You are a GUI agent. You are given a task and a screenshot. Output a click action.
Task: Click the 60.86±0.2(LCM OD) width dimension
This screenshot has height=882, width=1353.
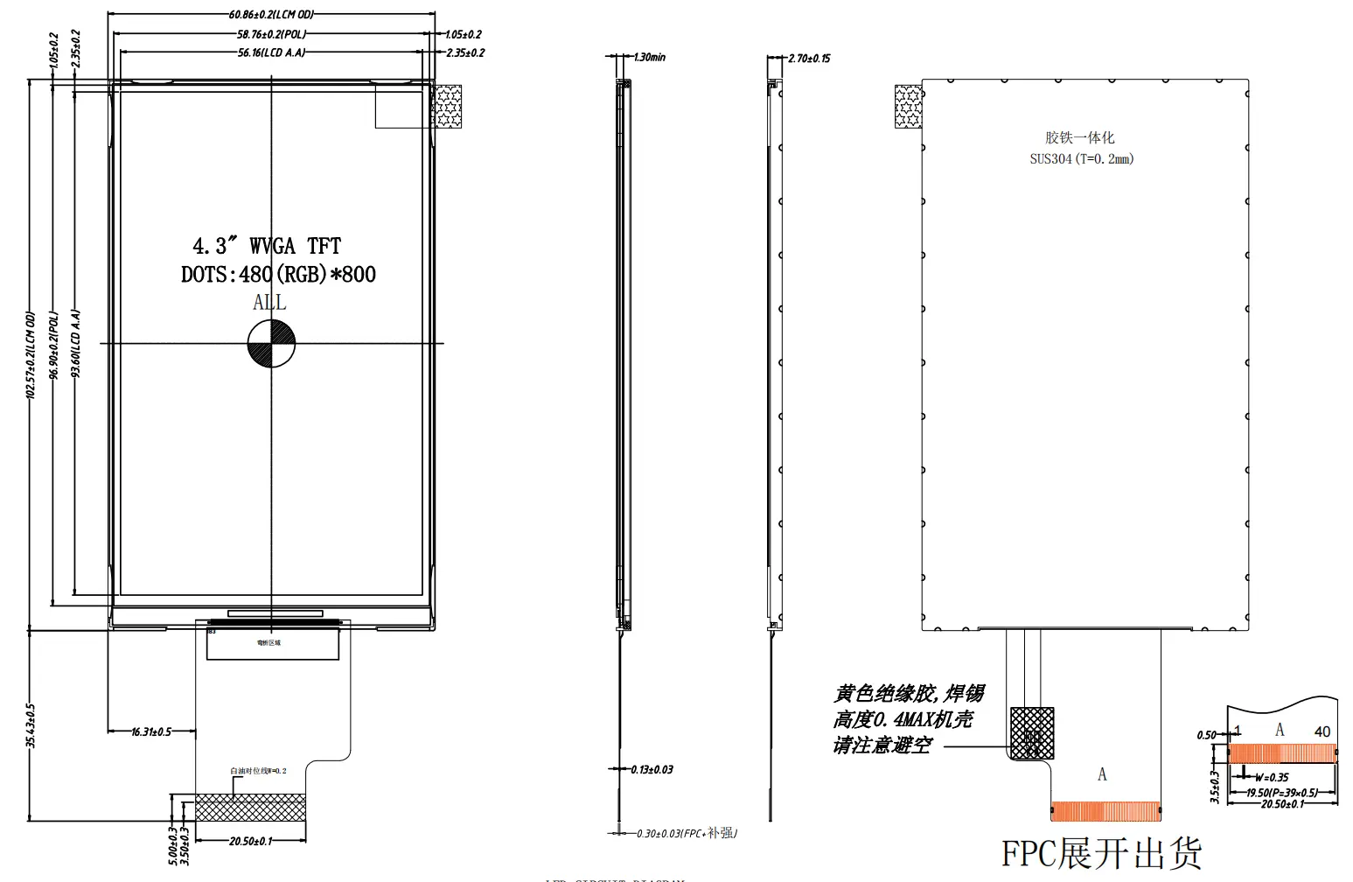(x=270, y=15)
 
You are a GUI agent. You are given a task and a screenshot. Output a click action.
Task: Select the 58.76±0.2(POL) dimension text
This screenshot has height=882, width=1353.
(x=271, y=34)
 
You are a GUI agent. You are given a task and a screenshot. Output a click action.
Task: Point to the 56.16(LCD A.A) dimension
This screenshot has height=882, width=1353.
(x=271, y=52)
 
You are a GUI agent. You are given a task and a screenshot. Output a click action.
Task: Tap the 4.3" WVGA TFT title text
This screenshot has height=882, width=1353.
(x=267, y=246)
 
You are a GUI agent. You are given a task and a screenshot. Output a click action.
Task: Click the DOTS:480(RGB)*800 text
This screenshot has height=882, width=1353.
(x=278, y=275)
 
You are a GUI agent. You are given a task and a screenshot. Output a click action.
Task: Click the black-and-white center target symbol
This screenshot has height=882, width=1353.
(x=271, y=343)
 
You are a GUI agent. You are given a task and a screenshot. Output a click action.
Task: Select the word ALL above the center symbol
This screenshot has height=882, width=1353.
(x=269, y=303)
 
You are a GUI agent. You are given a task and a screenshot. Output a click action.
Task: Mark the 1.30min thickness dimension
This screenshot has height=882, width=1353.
(x=648, y=58)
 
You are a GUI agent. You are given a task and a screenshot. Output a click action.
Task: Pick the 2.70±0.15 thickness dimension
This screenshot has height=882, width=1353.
(x=809, y=59)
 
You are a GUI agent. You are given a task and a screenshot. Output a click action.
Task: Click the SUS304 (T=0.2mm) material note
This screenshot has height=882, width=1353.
(x=1081, y=159)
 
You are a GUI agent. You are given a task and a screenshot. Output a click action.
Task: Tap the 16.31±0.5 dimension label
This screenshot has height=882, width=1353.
(x=151, y=731)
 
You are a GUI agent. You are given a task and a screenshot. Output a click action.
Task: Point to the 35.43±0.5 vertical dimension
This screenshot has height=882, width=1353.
(x=31, y=725)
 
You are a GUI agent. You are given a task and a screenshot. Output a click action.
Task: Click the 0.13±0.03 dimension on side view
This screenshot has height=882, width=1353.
(x=652, y=770)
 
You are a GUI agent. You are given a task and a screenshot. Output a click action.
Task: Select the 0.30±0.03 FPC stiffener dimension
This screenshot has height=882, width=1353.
(x=687, y=834)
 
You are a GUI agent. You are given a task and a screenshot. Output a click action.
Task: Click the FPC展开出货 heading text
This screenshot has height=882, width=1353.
(x=1101, y=853)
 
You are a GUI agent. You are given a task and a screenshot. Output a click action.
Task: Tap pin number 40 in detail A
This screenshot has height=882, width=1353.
(x=1322, y=731)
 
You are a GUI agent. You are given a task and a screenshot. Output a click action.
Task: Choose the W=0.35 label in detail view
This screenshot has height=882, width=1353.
(x=1272, y=777)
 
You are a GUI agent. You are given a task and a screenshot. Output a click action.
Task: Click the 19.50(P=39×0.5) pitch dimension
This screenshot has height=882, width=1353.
(x=1281, y=793)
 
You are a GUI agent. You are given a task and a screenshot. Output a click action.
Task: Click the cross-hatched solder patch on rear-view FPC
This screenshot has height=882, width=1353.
(x=1032, y=733)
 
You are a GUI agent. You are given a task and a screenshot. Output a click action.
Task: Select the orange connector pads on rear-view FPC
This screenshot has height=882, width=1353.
(x=1105, y=811)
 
